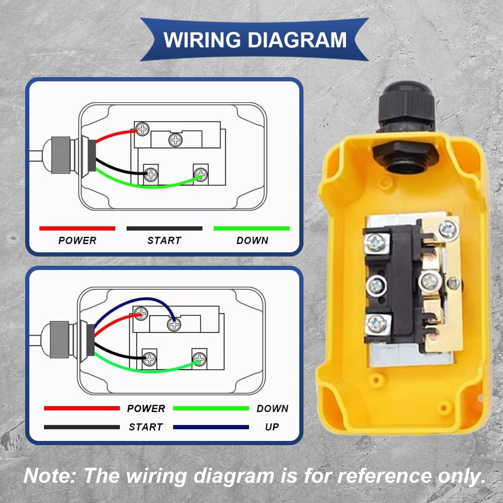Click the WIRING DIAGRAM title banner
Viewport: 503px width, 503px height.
pyautogui.click(x=254, y=39)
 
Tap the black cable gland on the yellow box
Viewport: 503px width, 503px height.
pyautogui.click(x=405, y=111)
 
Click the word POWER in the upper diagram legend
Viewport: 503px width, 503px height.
pyautogui.click(x=77, y=241)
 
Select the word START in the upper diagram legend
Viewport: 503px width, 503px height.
pyautogui.click(x=164, y=241)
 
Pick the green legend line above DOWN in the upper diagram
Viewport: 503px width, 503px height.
pyautogui.click(x=251, y=228)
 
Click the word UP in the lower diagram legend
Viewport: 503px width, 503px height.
pyautogui.click(x=272, y=427)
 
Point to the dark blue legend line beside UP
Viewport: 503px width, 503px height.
pyautogui.click(x=211, y=427)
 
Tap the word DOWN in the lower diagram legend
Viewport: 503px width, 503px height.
pyautogui.click(x=272, y=408)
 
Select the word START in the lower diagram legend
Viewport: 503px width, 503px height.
pyautogui.click(x=145, y=427)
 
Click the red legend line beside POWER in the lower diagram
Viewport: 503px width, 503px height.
pyautogui.click(x=82, y=408)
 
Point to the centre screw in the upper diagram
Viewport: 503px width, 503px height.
pyautogui.click(x=175, y=140)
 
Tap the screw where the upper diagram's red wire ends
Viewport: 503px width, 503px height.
pyautogui.click(x=142, y=129)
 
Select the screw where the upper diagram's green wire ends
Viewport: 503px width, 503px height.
pyautogui.click(x=200, y=173)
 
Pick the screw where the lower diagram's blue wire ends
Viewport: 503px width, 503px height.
pyautogui.click(x=173, y=324)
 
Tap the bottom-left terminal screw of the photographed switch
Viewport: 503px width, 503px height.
pyautogui.click(x=377, y=323)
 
